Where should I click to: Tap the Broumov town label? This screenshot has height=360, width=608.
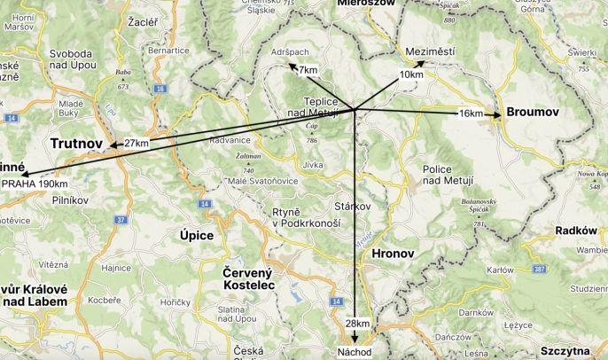532,113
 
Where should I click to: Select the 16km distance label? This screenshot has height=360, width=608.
472,113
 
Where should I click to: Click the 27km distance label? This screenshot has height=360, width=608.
136,143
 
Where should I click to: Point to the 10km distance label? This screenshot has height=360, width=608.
411,74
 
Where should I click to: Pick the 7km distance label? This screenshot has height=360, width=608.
308,69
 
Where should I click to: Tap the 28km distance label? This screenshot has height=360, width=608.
356,325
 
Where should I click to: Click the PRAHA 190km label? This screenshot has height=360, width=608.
35,184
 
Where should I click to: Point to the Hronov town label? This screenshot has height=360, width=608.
393,253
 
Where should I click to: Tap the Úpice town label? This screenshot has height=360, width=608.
197,235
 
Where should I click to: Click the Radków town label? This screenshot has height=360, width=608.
576,230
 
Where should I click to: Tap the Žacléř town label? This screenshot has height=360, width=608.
143,20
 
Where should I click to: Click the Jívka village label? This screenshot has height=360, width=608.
313,164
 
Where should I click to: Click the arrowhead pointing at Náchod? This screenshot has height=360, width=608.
355,338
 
